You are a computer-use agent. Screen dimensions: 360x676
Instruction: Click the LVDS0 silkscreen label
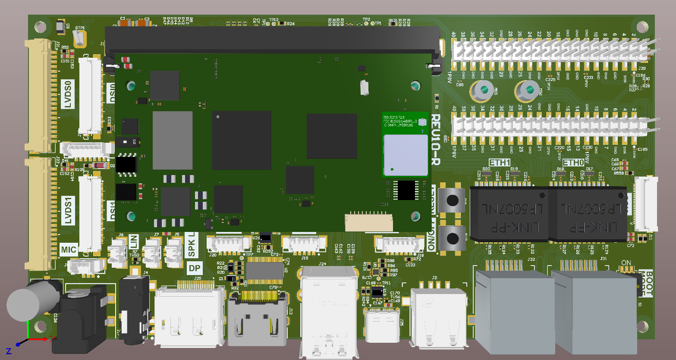click(68, 94)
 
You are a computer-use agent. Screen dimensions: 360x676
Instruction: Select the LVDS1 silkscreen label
click(68, 211)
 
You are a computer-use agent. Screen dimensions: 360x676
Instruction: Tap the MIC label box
click(68, 249)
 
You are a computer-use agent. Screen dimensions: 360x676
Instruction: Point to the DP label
click(195, 268)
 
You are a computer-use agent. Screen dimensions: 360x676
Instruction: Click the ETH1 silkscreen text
click(500, 163)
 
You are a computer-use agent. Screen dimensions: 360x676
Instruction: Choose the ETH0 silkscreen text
click(573, 163)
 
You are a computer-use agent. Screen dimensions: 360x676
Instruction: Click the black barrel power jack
click(80, 319)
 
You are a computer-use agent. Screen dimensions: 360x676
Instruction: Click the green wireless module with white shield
click(405, 144)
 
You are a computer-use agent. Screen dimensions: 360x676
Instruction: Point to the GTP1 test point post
click(80, 39)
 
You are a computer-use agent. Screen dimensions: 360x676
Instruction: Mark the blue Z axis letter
click(8, 352)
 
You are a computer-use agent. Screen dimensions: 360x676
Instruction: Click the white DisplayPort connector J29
click(190, 317)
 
